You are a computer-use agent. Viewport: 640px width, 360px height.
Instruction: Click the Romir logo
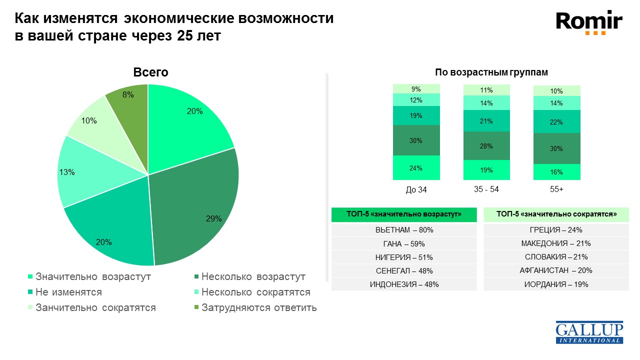pos(589,23)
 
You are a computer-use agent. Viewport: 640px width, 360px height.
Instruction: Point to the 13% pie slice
pos(80,172)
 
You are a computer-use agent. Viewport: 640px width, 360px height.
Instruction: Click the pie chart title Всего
pos(150,72)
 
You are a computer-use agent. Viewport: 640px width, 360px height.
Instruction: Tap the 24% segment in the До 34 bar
pos(416,168)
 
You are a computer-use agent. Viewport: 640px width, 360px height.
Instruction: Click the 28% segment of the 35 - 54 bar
pos(486,146)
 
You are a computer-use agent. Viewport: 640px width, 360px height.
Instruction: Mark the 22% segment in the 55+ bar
pos(556,122)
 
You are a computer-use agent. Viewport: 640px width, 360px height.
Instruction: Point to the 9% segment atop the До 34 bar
pos(416,89)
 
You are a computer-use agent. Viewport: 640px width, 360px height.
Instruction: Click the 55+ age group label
pos(556,190)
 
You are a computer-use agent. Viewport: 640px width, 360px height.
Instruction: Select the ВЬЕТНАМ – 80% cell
pos(404,230)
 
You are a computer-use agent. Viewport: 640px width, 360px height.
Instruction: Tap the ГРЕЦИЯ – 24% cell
pos(556,230)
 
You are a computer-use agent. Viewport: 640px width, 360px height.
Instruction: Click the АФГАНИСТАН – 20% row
pos(556,270)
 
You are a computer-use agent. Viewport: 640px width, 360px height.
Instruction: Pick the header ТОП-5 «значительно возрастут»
pos(404,214)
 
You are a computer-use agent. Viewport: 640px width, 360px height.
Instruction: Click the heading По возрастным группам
pos(491,72)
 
